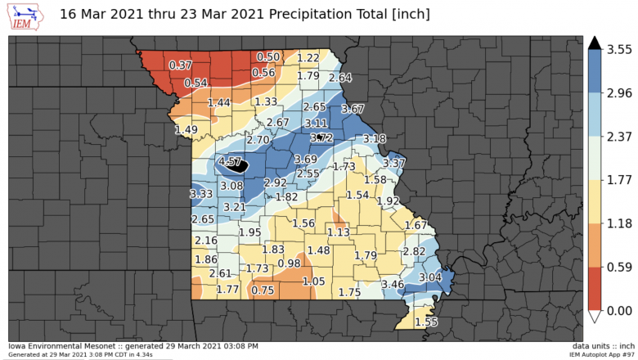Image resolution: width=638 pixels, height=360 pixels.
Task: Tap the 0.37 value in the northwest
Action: coord(180,65)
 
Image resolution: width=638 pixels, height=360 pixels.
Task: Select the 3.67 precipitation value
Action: coord(353,109)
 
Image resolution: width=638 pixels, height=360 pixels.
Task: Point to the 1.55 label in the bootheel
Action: coord(426,322)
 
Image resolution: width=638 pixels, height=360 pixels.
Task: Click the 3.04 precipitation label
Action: coord(430,277)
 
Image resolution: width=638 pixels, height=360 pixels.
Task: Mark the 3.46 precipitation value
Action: coord(393,284)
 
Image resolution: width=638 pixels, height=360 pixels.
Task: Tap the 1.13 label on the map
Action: coord(339,232)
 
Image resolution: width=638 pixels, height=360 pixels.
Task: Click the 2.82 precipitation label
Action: coord(415,251)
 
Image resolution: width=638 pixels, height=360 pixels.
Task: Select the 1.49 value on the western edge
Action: coord(186,129)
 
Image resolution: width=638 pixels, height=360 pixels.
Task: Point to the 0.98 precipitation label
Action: coord(289,263)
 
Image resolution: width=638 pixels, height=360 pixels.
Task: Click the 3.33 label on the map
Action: coord(201,194)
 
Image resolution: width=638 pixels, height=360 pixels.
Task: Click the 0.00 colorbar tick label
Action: coord(618,310)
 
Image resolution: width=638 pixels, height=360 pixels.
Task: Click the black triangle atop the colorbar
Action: coord(595,43)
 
